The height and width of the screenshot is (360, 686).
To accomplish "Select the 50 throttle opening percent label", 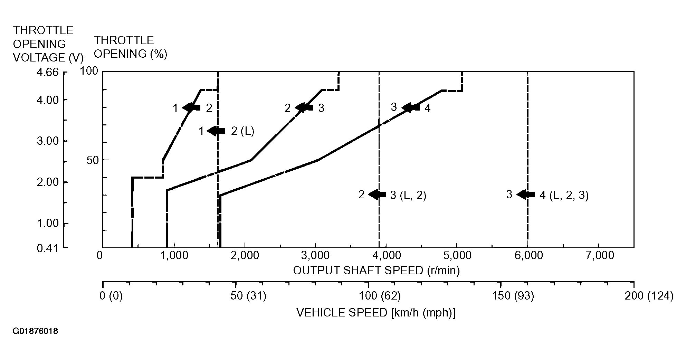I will [x=92, y=160].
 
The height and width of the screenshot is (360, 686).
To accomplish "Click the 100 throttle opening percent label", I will [x=89, y=71].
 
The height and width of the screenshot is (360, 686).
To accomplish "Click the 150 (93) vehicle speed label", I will [x=514, y=296].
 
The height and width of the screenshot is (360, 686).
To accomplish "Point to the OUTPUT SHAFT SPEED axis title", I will [x=377, y=270].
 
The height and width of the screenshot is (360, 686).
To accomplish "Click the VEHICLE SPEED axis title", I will [x=376, y=313].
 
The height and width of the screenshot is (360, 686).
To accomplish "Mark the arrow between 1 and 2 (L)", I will [x=216, y=131].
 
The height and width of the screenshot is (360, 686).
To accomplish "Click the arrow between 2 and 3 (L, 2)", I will [x=377, y=195].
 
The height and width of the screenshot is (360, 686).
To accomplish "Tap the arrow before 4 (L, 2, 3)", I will [x=525, y=195].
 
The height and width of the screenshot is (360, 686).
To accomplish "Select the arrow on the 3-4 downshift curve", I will [x=411, y=107].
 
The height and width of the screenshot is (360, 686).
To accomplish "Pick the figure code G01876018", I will [x=35, y=331].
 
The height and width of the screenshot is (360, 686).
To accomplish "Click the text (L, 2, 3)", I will [x=569, y=196].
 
